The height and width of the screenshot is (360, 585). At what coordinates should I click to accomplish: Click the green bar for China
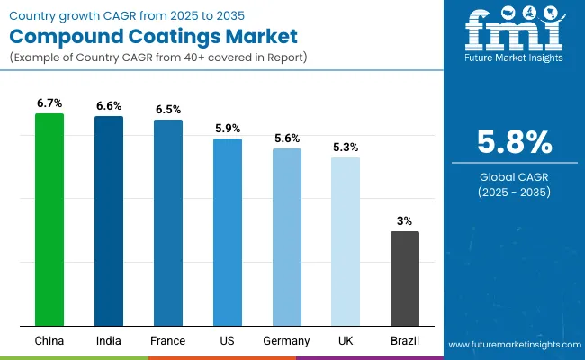coord(49,220)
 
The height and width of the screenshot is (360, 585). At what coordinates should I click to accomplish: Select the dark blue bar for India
coord(109,220)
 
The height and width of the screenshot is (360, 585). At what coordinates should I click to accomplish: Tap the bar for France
coord(168,222)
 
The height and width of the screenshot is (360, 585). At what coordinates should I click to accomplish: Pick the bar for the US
coord(228,232)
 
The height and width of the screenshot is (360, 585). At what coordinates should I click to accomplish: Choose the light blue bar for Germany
coord(287,237)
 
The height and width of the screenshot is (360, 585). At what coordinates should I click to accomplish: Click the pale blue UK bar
coord(346,241)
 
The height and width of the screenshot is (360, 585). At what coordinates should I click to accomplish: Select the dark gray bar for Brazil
coord(405,278)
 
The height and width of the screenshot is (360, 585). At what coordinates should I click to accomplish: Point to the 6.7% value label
coord(49,104)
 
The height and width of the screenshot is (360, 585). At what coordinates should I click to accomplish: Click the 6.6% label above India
coord(109,106)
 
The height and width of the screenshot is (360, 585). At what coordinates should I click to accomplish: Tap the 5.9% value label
coord(228,129)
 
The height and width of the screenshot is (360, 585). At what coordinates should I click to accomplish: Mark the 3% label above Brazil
coord(405,221)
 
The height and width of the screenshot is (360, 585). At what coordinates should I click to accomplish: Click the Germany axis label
coord(287,341)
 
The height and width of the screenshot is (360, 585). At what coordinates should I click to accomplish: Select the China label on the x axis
coord(49,341)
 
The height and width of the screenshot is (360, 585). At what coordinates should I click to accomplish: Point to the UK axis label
coord(346,341)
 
